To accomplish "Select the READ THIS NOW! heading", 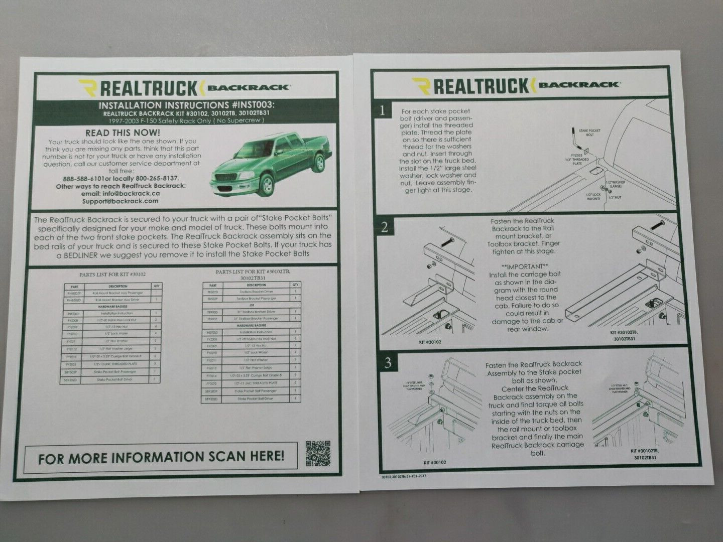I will coord(123,133).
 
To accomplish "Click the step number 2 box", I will coord(385,227).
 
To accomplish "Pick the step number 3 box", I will coord(388,364).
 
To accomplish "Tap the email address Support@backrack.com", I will coord(120,201).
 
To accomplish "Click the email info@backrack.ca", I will coord(122,193).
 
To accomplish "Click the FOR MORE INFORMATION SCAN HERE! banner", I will coord(161,457).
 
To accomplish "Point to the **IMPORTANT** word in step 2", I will coord(524,266).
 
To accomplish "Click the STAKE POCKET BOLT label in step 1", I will coord(590,132).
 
